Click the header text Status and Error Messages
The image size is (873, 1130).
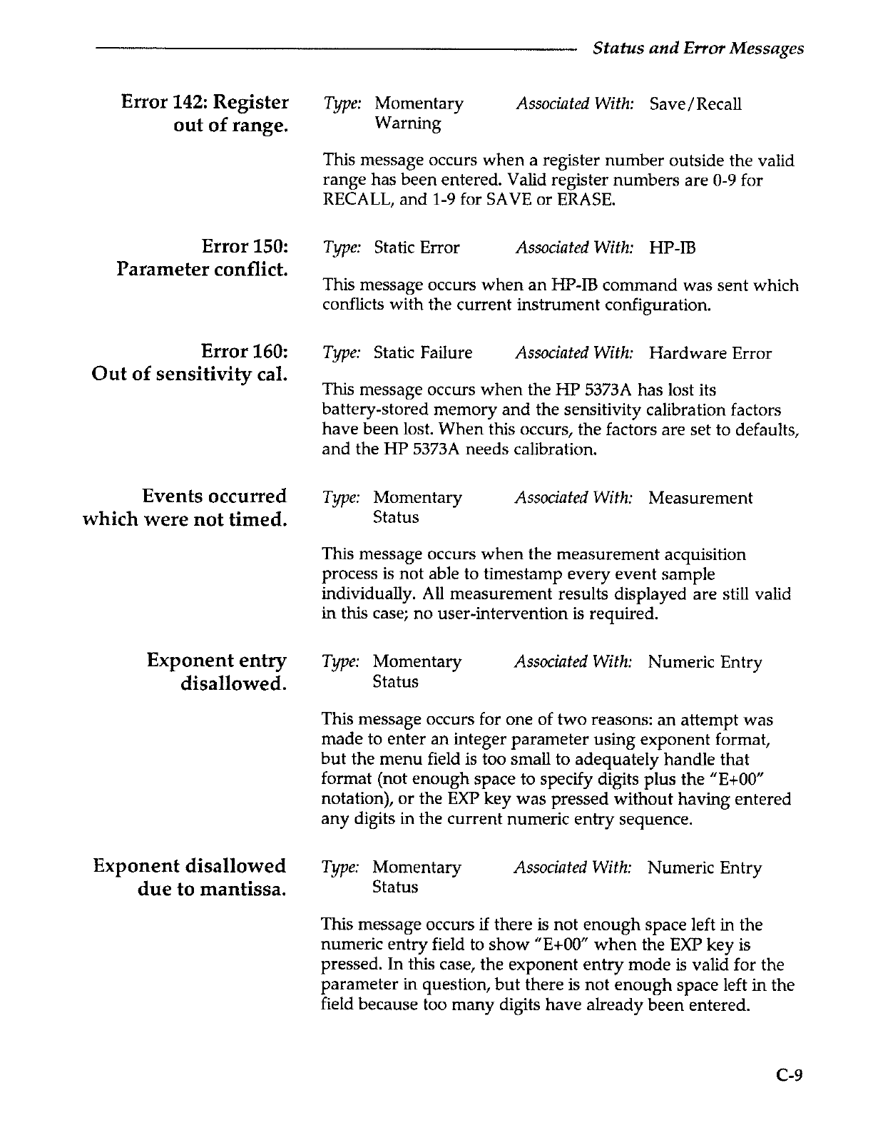tap(698, 49)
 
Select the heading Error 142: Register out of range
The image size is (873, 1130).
tap(205, 114)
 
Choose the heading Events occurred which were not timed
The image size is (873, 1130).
tap(185, 507)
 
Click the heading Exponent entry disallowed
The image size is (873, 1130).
tap(217, 672)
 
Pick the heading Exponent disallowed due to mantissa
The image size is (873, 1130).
tap(190, 877)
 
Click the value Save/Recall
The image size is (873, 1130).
tap(695, 104)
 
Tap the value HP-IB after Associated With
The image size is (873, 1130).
tap(673, 248)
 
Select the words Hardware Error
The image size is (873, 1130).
tap(710, 353)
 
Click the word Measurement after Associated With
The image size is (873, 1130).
tap(700, 498)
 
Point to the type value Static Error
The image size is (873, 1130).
tap(417, 248)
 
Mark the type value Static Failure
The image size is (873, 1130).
tap(423, 353)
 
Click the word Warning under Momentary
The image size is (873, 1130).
tap(407, 123)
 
